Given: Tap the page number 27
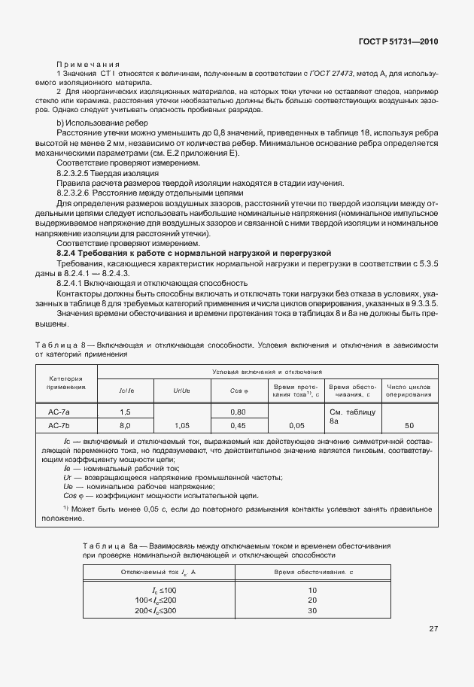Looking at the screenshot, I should point(434,628).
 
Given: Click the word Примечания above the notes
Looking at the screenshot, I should point(89,65).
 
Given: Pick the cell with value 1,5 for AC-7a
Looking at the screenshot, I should point(125,412).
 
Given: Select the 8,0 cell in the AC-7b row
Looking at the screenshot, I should point(125,425).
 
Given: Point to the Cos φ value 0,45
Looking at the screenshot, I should point(239,425).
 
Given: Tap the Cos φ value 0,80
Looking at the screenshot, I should point(239,412).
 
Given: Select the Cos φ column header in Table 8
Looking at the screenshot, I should point(239,391).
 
